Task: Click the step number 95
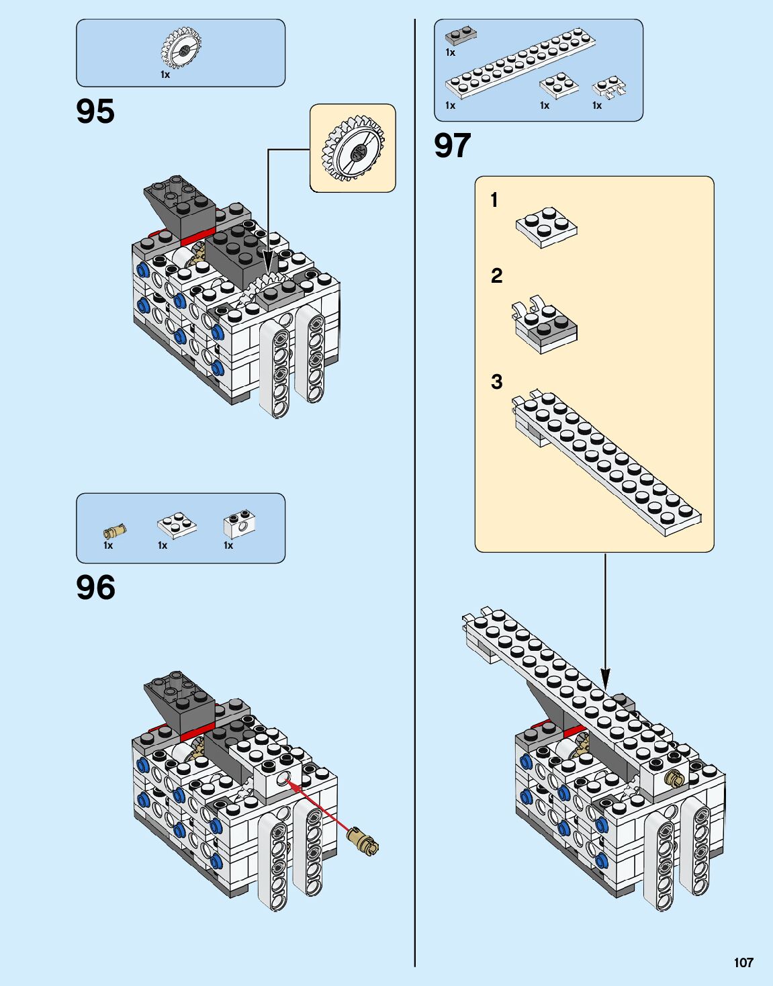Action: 95,111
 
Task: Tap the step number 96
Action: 95,587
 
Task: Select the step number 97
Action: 452,146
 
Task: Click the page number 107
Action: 743,962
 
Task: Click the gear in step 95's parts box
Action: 181,48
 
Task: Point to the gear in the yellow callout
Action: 353,148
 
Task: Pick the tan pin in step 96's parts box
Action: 115,531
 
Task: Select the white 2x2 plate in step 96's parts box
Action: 177,525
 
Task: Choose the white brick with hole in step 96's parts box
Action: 238,525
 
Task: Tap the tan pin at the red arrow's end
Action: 363,842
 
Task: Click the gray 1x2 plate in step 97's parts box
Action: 461,36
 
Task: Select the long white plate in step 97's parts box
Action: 520,64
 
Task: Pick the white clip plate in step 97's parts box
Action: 609,89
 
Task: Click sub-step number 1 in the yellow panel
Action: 494,200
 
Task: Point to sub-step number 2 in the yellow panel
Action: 496,276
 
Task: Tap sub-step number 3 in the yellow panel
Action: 496,382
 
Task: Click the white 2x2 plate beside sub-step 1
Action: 546,227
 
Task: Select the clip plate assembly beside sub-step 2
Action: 545,326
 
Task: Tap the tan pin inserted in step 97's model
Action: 674,778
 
